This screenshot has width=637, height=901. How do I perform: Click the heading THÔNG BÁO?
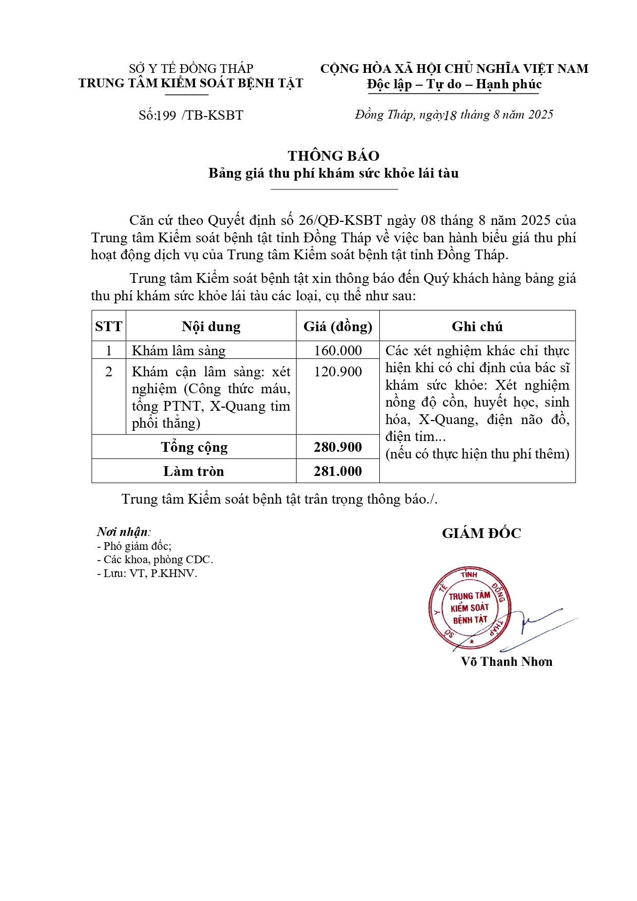coord(334,156)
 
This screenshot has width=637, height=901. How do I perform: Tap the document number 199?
coord(166,116)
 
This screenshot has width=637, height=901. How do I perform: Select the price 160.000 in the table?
coord(338,351)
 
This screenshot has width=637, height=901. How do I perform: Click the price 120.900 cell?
coord(338,372)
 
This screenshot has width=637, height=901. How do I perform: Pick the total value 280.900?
coord(338,447)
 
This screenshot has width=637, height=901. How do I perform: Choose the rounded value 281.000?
coord(338,471)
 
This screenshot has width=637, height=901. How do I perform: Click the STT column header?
coord(109,327)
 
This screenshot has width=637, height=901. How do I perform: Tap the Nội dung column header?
coord(211,327)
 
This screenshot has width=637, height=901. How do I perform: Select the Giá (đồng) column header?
coord(338,327)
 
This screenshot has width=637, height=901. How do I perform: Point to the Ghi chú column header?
coord(477,327)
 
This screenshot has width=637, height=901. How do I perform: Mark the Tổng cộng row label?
coord(194,447)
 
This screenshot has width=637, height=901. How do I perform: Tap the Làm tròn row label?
coord(194,471)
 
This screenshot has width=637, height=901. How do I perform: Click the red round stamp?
coord(469,608)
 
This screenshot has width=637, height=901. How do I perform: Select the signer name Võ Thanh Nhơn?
coord(506,662)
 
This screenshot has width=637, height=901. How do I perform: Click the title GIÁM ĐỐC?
coord(481,533)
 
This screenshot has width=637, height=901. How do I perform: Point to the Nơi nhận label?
coord(123,532)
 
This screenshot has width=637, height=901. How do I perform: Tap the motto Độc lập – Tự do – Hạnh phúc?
coord(454,85)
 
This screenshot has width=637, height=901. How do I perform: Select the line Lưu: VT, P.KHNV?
coord(147,573)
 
